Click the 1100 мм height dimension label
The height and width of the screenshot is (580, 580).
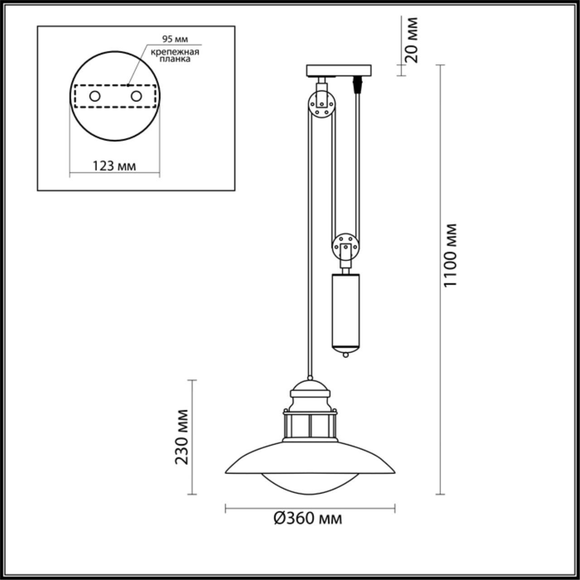pos(450,255)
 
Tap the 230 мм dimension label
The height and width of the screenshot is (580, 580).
pos(183,436)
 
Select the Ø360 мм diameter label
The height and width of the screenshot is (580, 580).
pos(308,518)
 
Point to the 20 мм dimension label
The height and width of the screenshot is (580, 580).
pos(411,39)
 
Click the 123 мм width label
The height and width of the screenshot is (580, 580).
pos(114,166)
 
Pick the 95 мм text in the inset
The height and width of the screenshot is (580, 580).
pos(175,39)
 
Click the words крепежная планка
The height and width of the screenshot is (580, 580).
pos(175,55)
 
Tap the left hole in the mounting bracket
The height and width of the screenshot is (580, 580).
pos(95,96)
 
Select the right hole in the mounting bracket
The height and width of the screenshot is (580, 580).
pos(135,96)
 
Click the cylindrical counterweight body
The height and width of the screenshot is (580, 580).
pos(346,308)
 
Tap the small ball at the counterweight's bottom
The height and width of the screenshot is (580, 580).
pos(346,355)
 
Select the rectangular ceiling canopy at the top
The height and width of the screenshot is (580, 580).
pos(338,71)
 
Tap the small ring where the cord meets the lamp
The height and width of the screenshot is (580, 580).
pos(310,377)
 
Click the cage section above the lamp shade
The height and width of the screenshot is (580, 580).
pos(310,426)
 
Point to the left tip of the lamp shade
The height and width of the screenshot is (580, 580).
pos(227,472)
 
